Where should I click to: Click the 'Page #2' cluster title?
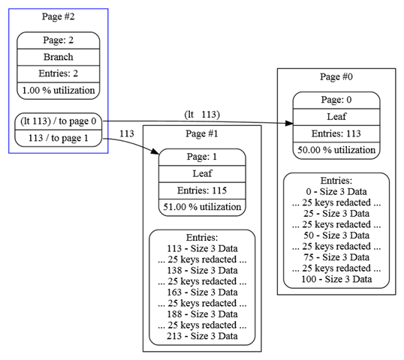(x=59, y=16)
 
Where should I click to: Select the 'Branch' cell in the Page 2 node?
(x=59, y=57)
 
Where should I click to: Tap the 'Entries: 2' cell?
(x=59, y=73)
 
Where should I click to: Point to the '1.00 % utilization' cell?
(x=59, y=91)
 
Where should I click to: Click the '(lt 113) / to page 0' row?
(x=59, y=121)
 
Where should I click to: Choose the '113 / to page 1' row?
(x=59, y=138)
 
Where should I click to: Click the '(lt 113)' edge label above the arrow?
(x=202, y=114)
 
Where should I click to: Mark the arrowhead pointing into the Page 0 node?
(x=289, y=124)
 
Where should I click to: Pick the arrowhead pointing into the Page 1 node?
(x=155, y=151)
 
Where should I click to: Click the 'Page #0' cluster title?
(x=336, y=76)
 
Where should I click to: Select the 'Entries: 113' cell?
(x=336, y=133)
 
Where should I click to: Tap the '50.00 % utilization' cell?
(x=336, y=150)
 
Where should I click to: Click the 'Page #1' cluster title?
(x=202, y=133)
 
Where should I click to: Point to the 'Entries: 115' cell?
(x=202, y=190)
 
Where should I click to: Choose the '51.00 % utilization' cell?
(x=202, y=207)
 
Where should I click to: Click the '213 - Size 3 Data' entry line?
(x=202, y=336)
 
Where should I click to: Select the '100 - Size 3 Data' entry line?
(x=336, y=279)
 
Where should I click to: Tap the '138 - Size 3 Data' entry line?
(x=202, y=271)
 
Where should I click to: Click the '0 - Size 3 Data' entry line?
(x=336, y=192)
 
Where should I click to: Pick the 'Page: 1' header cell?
(x=202, y=157)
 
